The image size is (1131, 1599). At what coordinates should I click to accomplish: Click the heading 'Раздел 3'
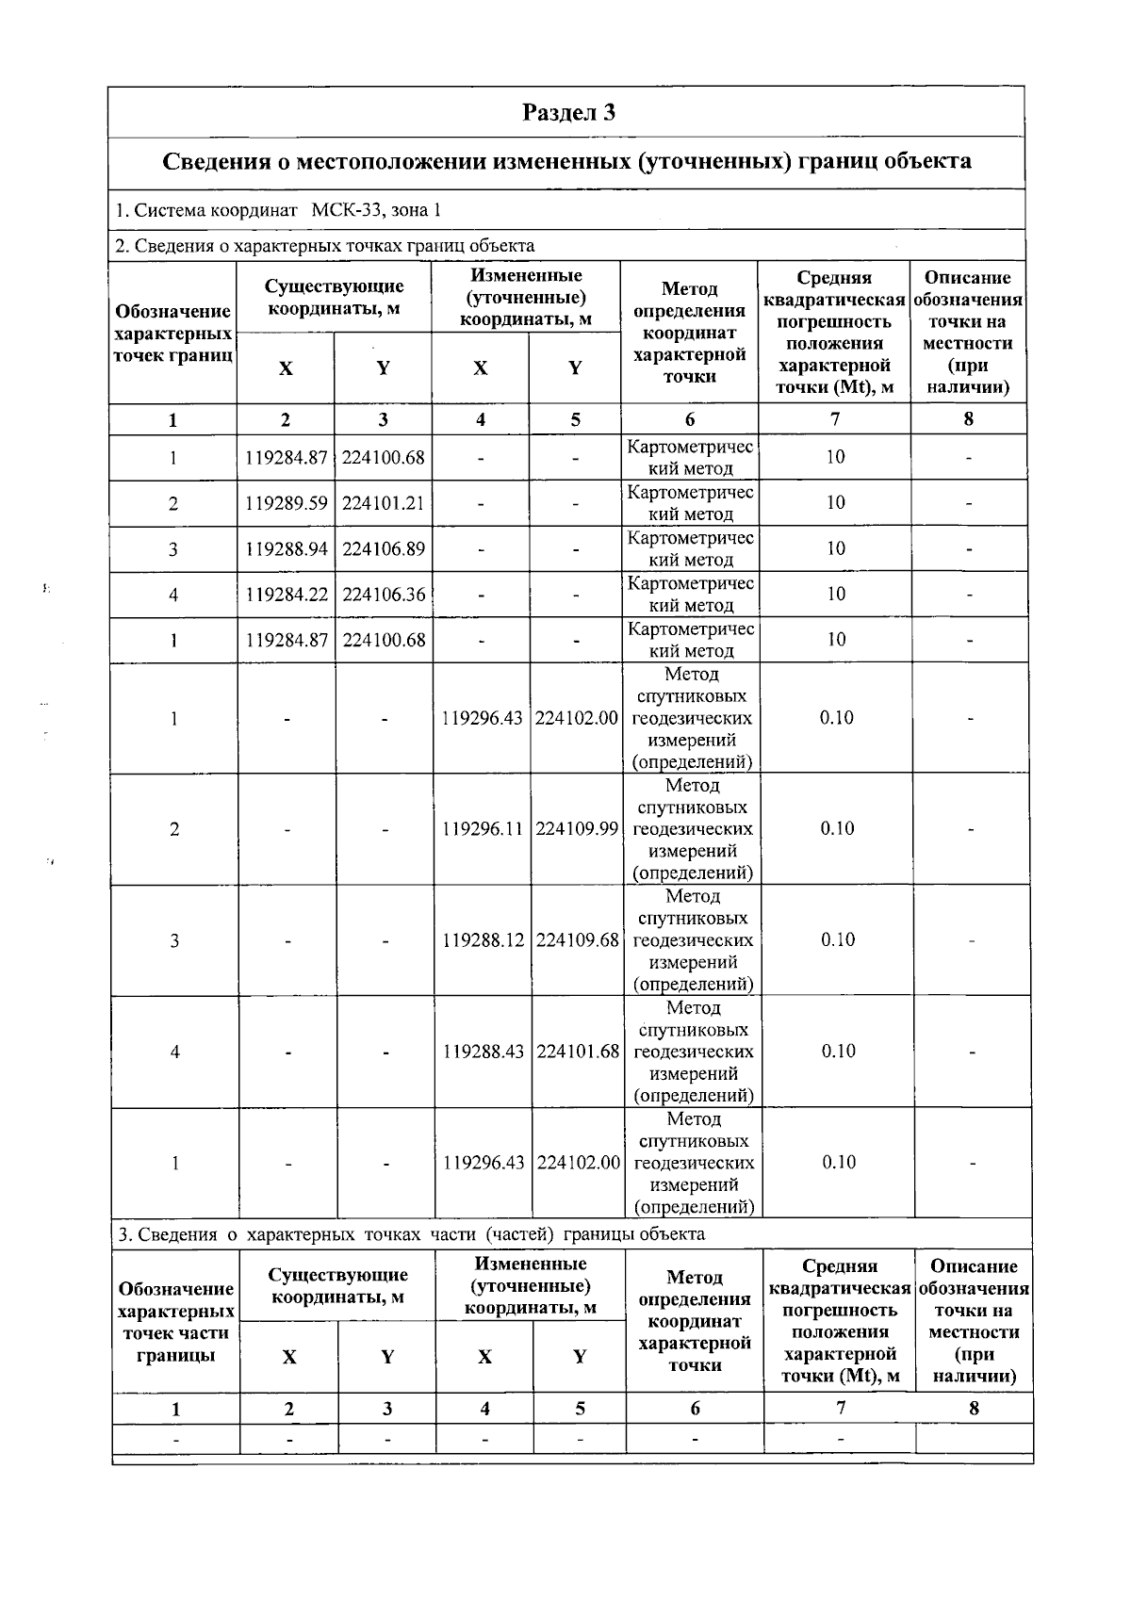click(568, 113)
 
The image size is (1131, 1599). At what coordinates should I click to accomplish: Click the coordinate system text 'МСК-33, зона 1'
click(376, 210)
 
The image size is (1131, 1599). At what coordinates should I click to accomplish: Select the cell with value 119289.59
click(286, 503)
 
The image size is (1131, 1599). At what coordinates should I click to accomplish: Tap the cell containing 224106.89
click(383, 548)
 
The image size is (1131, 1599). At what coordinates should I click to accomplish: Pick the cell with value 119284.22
click(286, 595)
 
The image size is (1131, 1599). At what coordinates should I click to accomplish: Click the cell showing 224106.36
click(383, 595)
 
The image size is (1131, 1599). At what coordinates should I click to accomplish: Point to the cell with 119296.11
click(483, 829)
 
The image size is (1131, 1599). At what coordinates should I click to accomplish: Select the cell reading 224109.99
click(577, 829)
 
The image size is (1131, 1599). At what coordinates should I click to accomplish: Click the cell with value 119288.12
click(483, 940)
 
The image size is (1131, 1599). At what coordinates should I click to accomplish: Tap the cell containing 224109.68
click(577, 940)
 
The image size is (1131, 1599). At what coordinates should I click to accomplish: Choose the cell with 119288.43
click(483, 1052)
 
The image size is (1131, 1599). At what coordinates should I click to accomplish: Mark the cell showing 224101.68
click(577, 1052)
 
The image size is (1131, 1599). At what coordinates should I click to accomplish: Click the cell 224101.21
click(383, 503)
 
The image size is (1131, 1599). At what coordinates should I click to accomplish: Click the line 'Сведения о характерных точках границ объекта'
click(325, 246)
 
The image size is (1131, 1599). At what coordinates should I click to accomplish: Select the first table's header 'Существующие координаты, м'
click(334, 297)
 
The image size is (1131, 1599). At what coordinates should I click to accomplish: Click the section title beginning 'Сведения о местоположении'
click(566, 161)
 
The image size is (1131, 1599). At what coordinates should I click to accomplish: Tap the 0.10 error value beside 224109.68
click(837, 939)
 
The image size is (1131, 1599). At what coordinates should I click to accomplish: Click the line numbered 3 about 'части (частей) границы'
click(410, 1234)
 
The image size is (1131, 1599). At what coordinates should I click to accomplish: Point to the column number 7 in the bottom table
click(840, 1408)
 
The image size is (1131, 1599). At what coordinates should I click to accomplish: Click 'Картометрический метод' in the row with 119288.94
click(690, 548)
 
